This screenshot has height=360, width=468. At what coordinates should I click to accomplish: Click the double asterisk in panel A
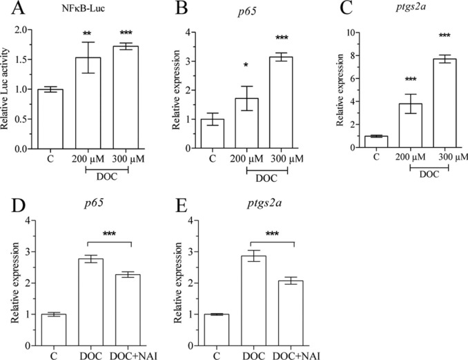88,33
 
